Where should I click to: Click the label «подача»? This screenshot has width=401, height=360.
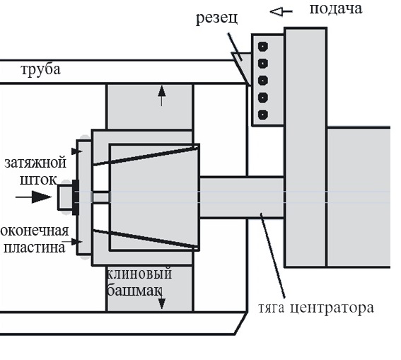pos(336,9)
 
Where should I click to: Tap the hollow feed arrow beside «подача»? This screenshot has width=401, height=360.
pos(281,11)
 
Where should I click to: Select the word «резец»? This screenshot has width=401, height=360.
pos(216,18)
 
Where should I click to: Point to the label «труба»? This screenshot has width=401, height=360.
pos(40,69)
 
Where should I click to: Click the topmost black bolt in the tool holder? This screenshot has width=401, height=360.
pos(263,47)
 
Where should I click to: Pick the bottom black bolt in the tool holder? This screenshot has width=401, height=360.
pos(263,115)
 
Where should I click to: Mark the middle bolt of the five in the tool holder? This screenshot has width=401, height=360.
pos(263,81)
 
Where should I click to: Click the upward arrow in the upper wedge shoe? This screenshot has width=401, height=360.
pos(162,95)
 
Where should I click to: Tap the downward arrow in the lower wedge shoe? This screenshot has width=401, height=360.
pos(161,300)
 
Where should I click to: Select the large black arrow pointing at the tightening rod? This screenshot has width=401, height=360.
pos(34,197)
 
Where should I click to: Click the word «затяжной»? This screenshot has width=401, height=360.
pos(35,163)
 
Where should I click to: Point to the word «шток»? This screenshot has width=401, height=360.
pos(38,180)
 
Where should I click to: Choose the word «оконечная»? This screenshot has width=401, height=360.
pos(35,231)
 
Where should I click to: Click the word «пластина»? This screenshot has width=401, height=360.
pos(34,248)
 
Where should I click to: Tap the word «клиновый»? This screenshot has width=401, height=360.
pos(139,274)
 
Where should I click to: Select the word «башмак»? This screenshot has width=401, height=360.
pos(134,290)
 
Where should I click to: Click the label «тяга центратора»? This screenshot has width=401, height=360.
pos(316,308)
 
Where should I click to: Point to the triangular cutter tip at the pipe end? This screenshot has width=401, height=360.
pos(242,68)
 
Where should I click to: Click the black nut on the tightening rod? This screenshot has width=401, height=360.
pos(76,197)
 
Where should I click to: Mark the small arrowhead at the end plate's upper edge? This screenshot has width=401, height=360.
pos(76,151)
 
